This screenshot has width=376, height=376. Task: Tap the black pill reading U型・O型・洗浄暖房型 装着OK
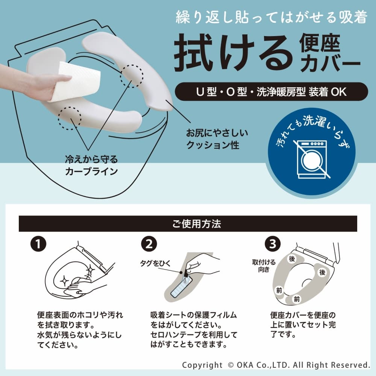pos(271,92)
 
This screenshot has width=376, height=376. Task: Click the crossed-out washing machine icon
pos(312,159)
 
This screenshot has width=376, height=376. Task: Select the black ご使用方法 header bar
pos(188,224)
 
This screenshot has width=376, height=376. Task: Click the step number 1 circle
pos(38,244)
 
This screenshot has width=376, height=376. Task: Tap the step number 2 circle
pos(149,244)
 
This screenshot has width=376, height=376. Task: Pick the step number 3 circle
pos(273,244)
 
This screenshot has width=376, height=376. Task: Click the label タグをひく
pos(155,263)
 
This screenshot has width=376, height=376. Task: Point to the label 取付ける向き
pos(264,266)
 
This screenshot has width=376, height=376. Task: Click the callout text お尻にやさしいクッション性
pos(217,139)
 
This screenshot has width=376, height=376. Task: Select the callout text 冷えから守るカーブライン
pos(91,165)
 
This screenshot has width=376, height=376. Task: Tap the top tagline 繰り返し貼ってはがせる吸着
pos(271,18)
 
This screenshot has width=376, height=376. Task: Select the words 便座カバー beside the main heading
pos(329,53)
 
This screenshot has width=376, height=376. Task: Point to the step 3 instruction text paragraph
pos(303,325)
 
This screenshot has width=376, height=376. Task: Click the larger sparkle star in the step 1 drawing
pos(90,271)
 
